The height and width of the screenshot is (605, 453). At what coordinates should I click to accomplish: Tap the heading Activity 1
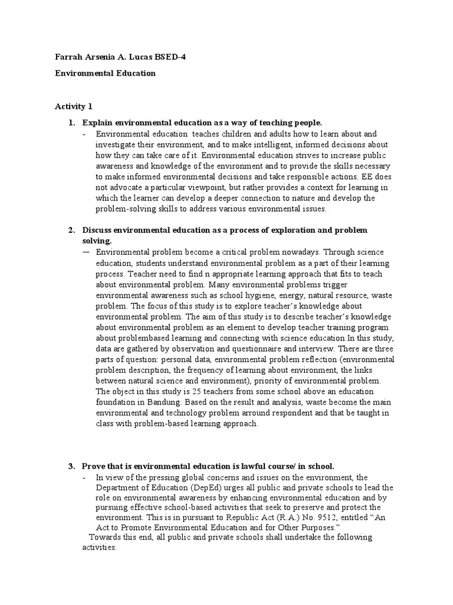(74, 107)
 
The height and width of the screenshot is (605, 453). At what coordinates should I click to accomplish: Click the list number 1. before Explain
(71, 123)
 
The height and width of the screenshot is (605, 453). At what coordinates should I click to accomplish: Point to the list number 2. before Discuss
(71, 230)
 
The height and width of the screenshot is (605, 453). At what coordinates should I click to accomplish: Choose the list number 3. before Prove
(71, 467)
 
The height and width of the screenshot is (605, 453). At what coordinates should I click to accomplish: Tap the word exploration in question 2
(291, 230)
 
